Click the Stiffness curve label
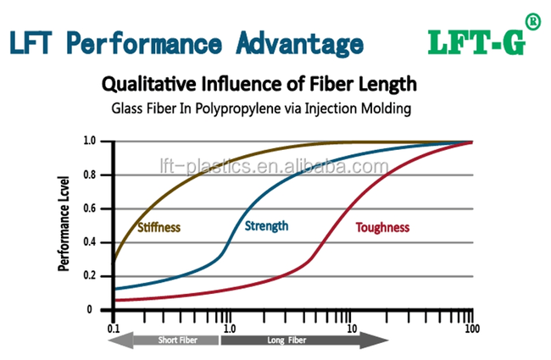coord(159,227)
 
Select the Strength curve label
coord(266,225)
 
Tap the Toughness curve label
coord(382,227)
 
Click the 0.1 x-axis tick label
coord(113,326)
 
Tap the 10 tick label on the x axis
coord(350,326)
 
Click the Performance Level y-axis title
coord(64,225)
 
